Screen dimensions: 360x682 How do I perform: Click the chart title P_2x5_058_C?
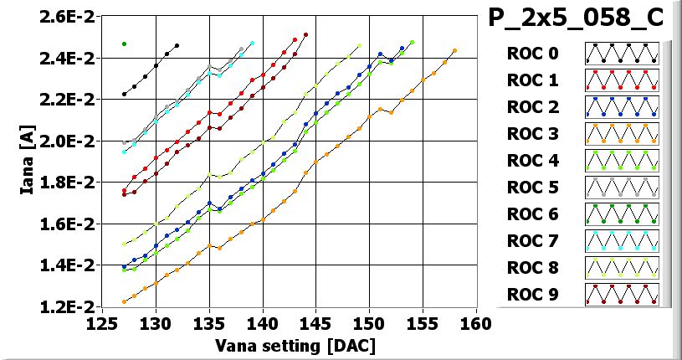[575, 18]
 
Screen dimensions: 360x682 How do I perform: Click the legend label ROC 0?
[532, 54]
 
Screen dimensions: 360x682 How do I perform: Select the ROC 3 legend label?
[532, 134]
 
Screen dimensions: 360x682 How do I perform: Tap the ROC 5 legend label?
[532, 188]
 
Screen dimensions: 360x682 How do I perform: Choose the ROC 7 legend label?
[532, 241]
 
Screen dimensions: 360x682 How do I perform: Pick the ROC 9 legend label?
[532, 295]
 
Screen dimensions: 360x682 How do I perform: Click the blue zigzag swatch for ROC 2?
[622, 107]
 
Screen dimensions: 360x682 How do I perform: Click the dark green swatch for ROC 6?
[622, 214]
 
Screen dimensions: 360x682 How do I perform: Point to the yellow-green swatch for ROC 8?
[622, 268]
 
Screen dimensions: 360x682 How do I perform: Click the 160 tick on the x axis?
[476, 324]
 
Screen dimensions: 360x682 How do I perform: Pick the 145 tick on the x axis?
[316, 324]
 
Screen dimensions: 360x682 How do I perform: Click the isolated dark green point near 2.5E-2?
[124, 44]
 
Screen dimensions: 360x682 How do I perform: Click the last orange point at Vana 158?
[454, 51]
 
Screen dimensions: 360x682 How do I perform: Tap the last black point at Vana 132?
[177, 45]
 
